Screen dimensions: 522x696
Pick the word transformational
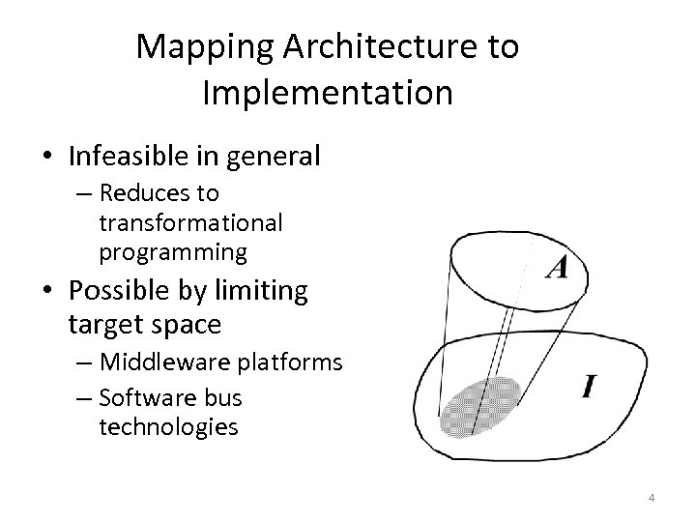190,223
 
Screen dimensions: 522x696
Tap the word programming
173,252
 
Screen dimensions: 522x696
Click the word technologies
168,426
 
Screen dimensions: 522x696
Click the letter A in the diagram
556,266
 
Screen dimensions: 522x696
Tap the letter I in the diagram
589,388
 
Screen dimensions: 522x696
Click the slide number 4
652,498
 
